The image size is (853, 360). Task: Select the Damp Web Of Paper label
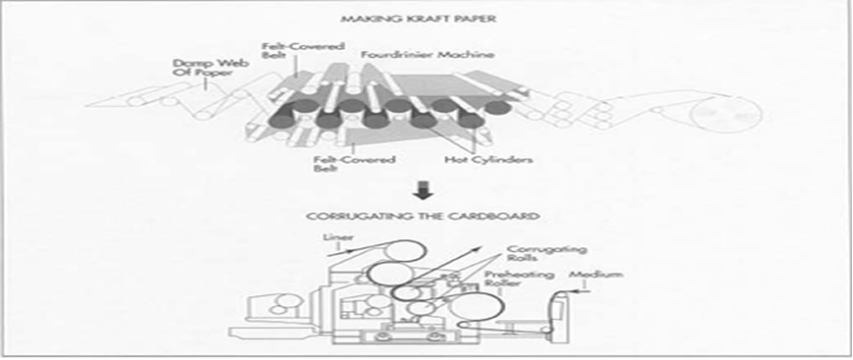tap(211, 68)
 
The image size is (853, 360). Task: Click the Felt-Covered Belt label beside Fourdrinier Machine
tap(302, 51)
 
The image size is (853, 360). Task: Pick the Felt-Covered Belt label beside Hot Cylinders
tap(354, 165)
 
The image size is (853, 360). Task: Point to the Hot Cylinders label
tap(488, 160)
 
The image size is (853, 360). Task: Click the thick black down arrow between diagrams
tap(423, 190)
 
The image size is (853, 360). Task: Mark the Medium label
tap(595, 275)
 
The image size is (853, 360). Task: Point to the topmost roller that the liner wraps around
tap(403, 252)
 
